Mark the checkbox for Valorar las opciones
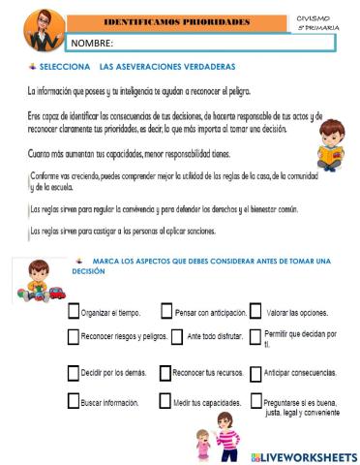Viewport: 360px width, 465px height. [x=255, y=312]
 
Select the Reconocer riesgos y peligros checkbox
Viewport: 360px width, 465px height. [x=74, y=337]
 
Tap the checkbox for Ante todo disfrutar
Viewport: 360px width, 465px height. [x=177, y=337]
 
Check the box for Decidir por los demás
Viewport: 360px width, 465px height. [x=74, y=372]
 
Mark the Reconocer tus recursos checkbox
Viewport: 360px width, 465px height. [x=165, y=372]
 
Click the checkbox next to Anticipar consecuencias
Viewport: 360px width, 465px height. [x=255, y=372]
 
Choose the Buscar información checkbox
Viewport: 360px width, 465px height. [x=74, y=399]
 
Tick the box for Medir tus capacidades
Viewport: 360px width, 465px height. [x=165, y=399]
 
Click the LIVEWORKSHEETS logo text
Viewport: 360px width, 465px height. [x=304, y=455]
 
